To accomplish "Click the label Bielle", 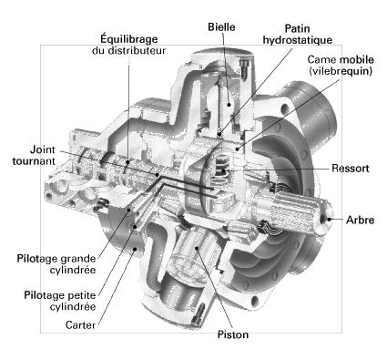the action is [221, 26].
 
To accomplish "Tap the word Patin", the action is [297, 28].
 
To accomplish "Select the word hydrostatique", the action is [298, 40].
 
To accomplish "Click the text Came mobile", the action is [341, 59].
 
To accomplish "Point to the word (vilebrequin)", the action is [341, 71].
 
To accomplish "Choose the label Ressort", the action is [351, 169].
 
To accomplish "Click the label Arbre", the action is [360, 220].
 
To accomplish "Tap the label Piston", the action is [233, 334].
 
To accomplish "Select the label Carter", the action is [80, 325].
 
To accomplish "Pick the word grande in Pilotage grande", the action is [78, 259].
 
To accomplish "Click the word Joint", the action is [43, 149].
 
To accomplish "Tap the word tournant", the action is [34, 161].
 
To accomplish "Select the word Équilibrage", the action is [129, 39].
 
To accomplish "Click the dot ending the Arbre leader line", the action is [330, 220].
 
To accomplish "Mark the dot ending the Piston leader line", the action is [197, 248].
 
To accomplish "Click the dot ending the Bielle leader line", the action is [229, 105].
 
